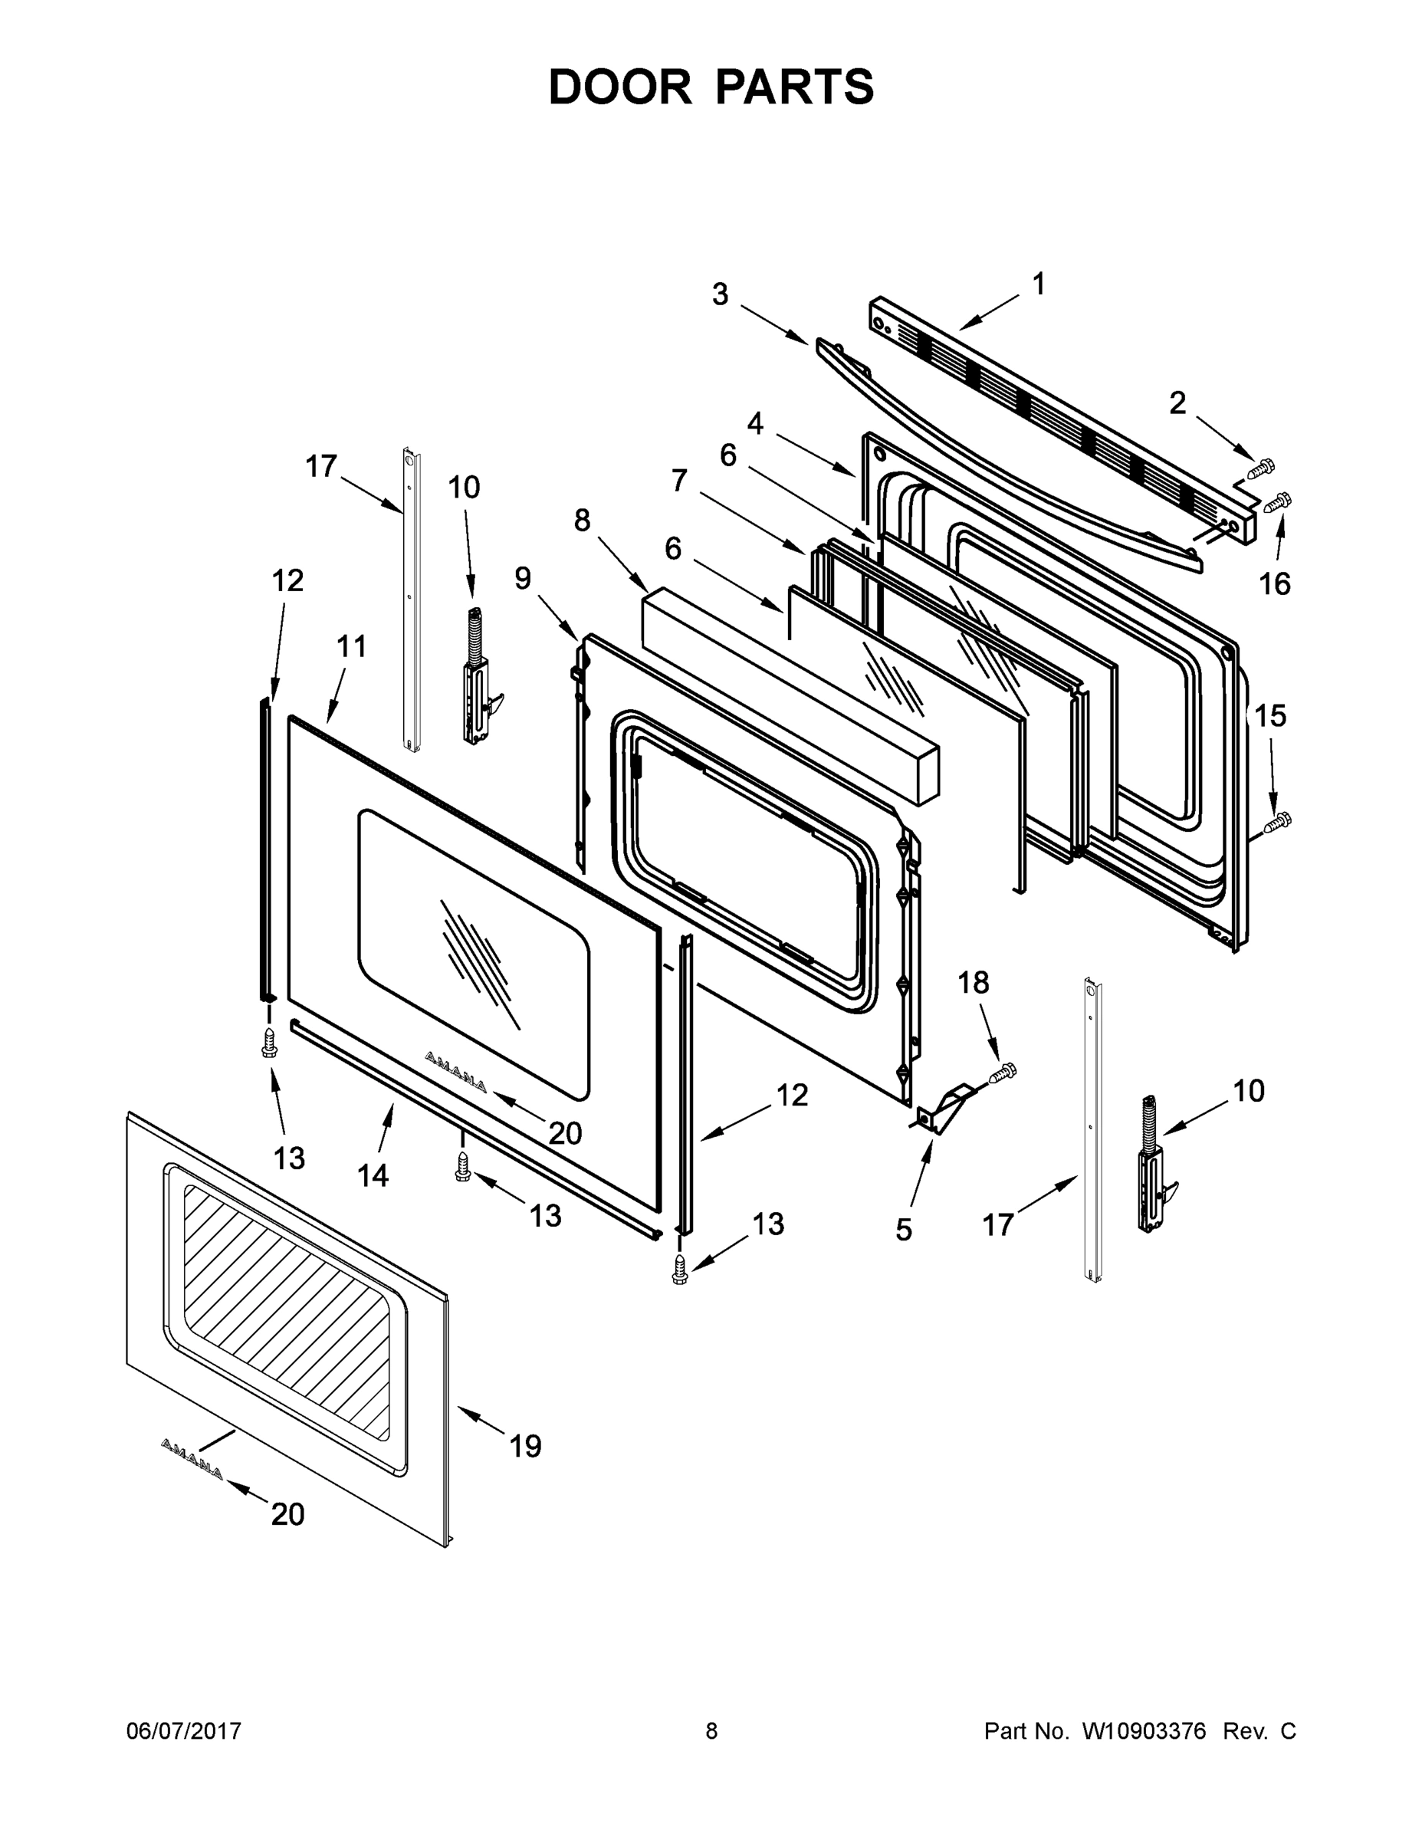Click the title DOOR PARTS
click(711, 87)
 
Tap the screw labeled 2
click(1261, 468)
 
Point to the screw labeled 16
click(1277, 503)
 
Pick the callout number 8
click(582, 521)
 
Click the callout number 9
click(522, 578)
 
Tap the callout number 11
click(351, 646)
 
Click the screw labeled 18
click(1003, 1073)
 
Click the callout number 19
click(525, 1447)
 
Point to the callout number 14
click(373, 1175)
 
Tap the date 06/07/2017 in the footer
click(184, 1730)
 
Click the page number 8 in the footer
click(711, 1730)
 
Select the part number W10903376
click(1143, 1730)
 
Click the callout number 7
click(679, 481)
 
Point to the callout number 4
click(755, 423)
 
